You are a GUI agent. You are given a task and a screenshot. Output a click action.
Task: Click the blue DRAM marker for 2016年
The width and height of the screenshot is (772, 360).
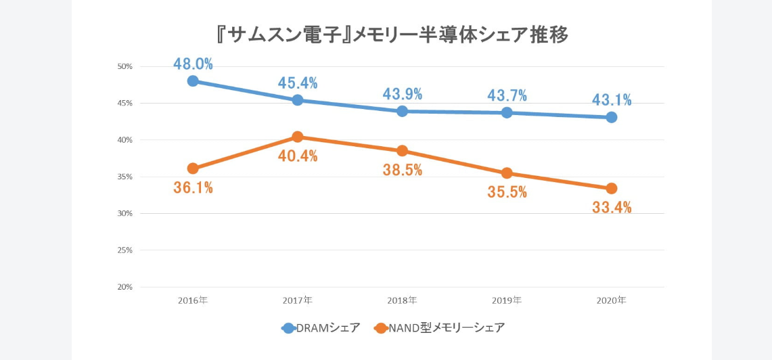tap(193, 81)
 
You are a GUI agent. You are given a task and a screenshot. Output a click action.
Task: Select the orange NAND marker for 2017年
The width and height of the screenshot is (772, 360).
tap(297, 137)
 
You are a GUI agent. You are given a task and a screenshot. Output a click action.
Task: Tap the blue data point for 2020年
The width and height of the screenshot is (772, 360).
tap(612, 117)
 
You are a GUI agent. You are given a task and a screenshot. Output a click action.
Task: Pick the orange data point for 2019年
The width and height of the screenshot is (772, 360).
tap(507, 173)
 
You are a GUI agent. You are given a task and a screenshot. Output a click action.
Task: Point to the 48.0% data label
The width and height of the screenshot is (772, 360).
tap(193, 64)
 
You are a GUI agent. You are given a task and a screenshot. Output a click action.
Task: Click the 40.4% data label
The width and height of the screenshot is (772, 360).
tap(298, 156)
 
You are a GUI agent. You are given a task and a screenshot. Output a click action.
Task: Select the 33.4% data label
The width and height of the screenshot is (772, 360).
tap(612, 208)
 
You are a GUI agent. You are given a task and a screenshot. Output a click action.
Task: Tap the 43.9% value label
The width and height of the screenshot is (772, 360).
tap(402, 94)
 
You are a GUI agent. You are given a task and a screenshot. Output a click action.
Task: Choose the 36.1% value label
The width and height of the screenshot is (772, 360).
tap(193, 188)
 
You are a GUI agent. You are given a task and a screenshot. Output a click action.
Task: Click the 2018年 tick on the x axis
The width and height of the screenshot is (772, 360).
tap(402, 300)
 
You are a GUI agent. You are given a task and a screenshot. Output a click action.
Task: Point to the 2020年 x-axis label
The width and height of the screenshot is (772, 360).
tap(611, 300)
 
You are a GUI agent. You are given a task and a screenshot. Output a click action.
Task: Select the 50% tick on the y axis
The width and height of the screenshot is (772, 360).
tap(124, 66)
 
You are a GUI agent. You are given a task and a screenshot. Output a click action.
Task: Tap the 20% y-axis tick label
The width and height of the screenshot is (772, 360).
tap(124, 287)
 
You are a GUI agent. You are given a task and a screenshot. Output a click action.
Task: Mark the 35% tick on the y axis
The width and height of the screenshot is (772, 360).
tap(124, 177)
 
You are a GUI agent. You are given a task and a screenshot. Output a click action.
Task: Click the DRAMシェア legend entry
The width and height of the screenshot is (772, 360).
tap(321, 328)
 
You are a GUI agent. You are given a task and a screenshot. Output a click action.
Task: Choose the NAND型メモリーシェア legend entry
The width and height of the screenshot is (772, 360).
tap(440, 328)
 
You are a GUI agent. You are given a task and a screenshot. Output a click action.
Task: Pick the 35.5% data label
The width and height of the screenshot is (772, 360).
tap(507, 192)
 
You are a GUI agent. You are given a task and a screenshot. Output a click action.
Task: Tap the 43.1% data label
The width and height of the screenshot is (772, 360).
tap(612, 100)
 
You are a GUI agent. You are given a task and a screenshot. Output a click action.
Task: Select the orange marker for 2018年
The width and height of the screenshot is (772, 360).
tap(402, 151)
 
